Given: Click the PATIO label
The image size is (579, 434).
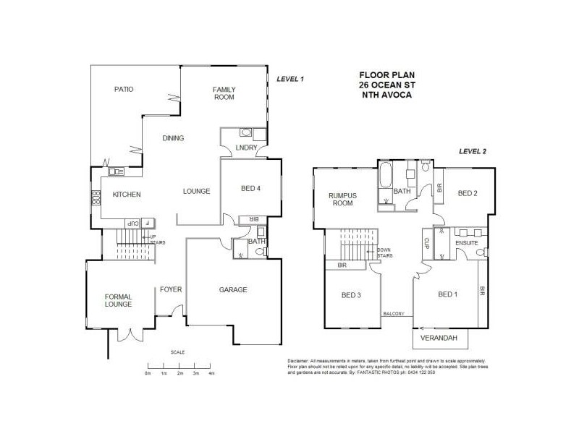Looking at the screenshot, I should click(x=124, y=89).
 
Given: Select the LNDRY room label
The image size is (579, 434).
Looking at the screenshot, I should click(x=244, y=149).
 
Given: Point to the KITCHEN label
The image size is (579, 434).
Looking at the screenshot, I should click(x=126, y=195).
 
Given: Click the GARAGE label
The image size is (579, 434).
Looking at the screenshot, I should click(x=233, y=289).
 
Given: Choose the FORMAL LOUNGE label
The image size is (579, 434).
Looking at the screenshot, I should click(x=118, y=300).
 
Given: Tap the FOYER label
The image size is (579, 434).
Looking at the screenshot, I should click(x=171, y=289).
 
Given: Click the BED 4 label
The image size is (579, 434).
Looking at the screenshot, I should click(x=250, y=190).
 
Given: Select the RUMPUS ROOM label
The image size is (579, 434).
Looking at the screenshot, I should click(x=340, y=199).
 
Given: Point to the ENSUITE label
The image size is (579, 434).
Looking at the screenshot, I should click(x=467, y=244).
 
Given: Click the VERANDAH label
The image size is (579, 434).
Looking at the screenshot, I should click(x=440, y=337).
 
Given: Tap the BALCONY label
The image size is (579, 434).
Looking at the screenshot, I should click(x=393, y=313).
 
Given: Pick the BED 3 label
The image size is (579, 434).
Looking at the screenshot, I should click(x=352, y=294).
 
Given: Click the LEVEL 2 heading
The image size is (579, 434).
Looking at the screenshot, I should click(x=473, y=151).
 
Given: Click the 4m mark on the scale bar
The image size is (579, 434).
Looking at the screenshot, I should click(x=211, y=373).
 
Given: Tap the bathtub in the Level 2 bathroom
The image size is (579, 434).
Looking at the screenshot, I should click(x=384, y=176).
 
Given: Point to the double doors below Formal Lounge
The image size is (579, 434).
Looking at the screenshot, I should click(x=129, y=333).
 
